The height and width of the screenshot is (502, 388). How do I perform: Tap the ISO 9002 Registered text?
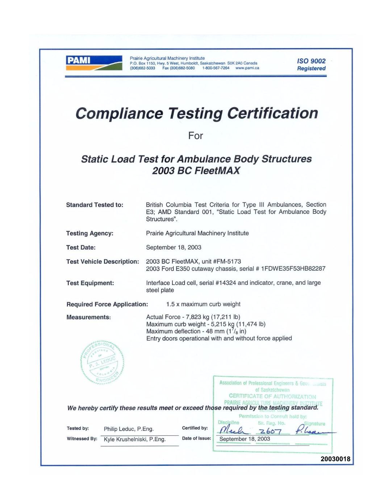point(311,64)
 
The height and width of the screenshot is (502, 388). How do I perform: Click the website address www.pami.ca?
point(247,68)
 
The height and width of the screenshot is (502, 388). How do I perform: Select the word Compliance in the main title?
point(119,113)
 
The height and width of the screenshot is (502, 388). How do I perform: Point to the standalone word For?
point(195,136)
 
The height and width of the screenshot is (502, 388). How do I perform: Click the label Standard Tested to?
point(95,205)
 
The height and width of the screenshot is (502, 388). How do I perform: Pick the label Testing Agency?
point(89,233)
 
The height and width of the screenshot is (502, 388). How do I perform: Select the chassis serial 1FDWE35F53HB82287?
point(293,269)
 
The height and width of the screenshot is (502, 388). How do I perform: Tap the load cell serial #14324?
point(226,283)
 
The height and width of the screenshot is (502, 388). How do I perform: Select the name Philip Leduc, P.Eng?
point(129,429)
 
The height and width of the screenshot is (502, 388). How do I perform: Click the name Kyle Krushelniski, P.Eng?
point(134,439)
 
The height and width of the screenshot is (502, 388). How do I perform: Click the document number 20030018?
point(335,459)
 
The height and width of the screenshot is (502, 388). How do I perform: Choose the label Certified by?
point(195,428)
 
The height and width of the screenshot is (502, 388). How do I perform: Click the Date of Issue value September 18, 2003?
point(245,439)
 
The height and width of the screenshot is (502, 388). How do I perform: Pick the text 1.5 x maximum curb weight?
point(203,304)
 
